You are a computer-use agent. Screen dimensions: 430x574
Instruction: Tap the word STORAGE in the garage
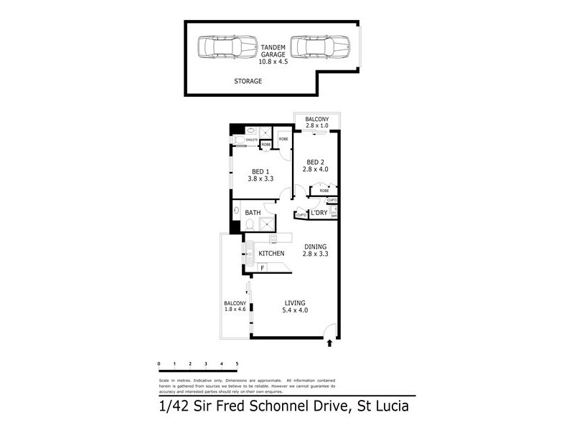(248, 82)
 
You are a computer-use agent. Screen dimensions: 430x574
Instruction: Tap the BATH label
(253, 213)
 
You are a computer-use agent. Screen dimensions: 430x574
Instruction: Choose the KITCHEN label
(271, 254)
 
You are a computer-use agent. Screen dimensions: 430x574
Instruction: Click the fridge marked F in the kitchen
(263, 269)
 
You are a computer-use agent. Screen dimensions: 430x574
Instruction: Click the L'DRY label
(319, 214)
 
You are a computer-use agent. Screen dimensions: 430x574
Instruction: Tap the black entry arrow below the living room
(329, 344)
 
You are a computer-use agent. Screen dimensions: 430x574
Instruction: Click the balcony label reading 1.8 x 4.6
(235, 307)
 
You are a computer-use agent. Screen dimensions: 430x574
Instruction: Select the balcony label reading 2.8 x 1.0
(316, 123)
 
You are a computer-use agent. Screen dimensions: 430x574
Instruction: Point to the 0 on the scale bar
(159, 365)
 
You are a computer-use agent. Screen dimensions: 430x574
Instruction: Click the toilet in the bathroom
(248, 225)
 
